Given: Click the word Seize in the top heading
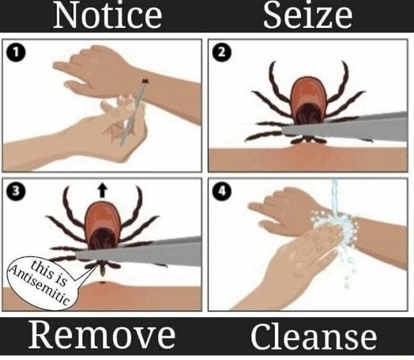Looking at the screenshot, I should tap(307, 16).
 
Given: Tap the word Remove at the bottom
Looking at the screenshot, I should tap(101, 336).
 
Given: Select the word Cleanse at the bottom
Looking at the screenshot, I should tap(314, 337).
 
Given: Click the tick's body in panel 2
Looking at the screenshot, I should tap(307, 97).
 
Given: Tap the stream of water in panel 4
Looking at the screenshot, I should tap(334, 201).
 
